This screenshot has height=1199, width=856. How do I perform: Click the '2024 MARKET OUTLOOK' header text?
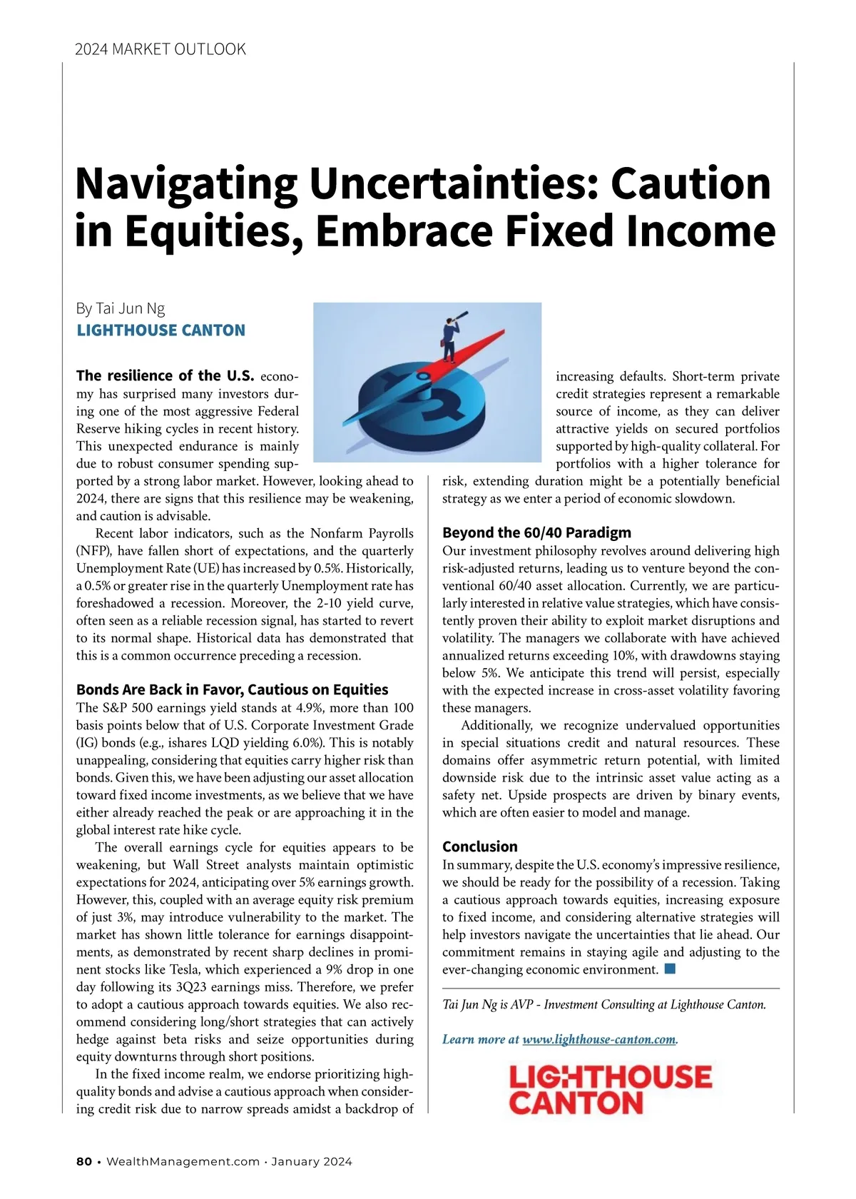160,49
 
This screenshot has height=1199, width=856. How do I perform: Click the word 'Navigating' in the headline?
185,183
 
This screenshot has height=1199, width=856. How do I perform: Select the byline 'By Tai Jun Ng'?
121,308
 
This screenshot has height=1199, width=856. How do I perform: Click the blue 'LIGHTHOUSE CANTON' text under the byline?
160,330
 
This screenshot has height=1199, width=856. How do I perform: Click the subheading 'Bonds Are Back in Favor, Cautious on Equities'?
232,689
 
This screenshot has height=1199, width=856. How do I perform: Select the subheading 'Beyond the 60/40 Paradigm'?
536,532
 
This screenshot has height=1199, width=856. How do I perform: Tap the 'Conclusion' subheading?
480,846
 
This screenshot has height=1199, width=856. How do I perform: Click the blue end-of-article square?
669,968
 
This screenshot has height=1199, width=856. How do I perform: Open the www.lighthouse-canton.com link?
598,1039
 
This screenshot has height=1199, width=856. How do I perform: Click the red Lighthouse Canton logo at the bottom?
610,1089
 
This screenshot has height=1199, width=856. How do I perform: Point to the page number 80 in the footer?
84,1161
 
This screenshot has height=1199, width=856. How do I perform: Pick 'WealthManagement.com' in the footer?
183,1161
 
